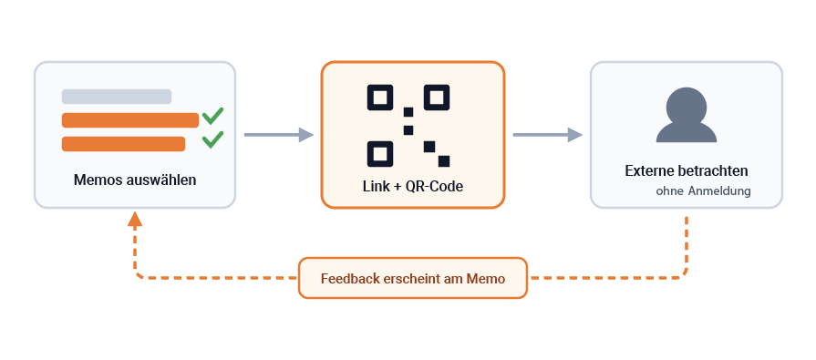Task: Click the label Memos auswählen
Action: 135,180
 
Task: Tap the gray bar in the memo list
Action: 117,97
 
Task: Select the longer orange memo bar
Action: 130,120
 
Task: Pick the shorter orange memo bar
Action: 123,144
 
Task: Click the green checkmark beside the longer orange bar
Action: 212,116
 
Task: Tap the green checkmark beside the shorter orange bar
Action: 212,139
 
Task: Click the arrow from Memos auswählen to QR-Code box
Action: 279,135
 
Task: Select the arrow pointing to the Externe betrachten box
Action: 547,135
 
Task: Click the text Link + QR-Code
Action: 413,186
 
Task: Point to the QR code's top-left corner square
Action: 380,98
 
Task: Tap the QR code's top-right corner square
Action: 437,98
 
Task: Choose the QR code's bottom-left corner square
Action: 380,154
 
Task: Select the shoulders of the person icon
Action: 687,133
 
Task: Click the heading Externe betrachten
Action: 687,170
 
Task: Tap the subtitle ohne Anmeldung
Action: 703,190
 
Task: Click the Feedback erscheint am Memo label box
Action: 413,278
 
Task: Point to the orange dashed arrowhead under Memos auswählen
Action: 135,219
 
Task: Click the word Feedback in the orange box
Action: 350,279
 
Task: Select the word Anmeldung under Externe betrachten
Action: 719,190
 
